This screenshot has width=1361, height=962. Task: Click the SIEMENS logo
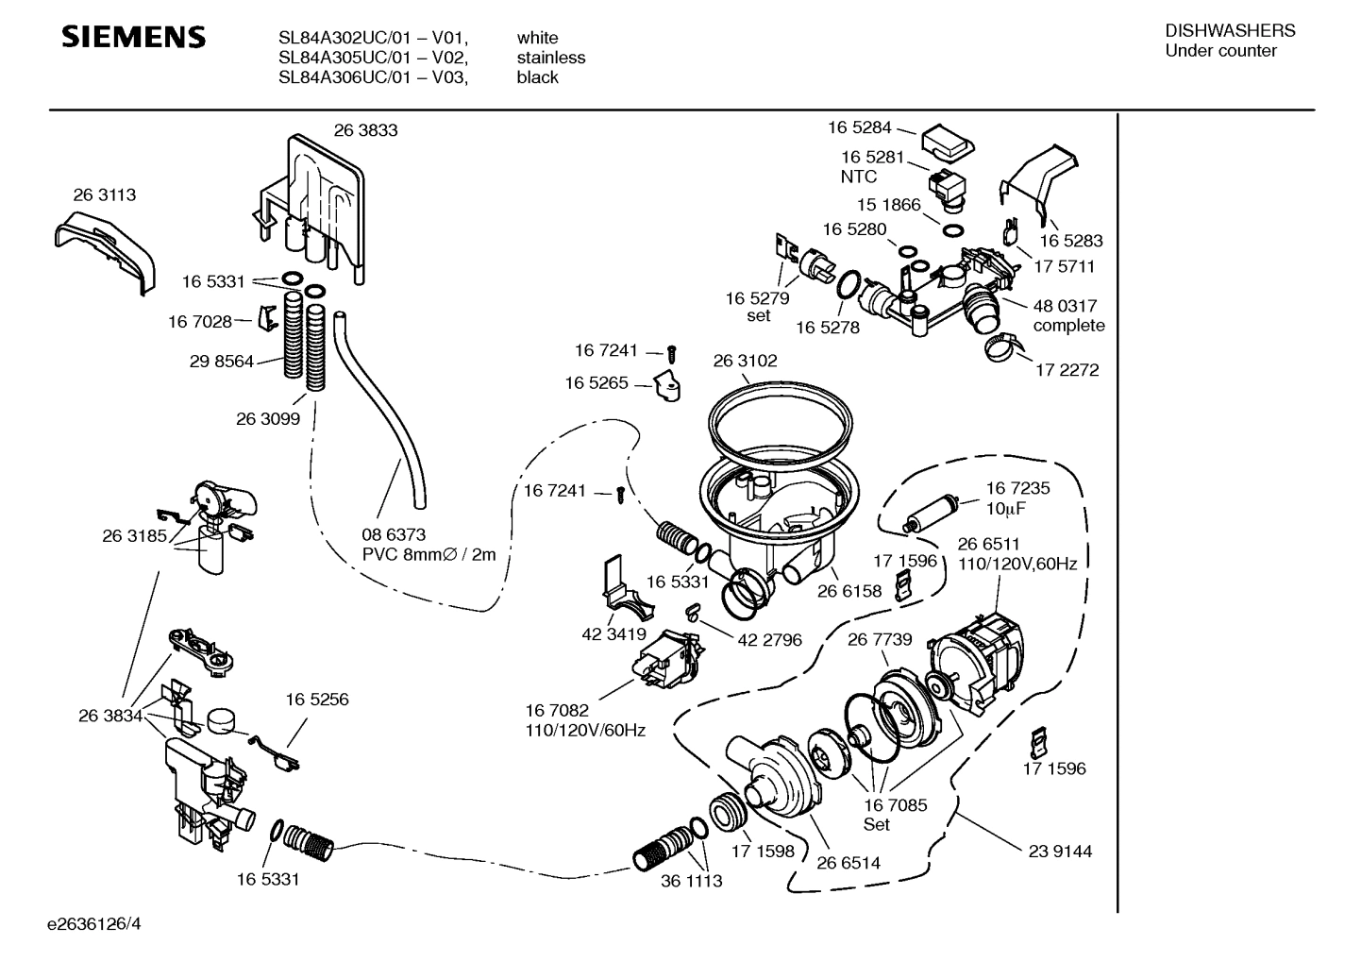(x=133, y=38)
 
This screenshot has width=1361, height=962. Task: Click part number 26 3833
(x=365, y=130)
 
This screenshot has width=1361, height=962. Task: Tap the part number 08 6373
(x=394, y=534)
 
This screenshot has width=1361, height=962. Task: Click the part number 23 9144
(x=1059, y=851)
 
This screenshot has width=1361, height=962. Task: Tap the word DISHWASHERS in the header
(x=1230, y=31)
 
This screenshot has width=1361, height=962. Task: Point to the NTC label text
(x=858, y=177)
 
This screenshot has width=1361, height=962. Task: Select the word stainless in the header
(x=550, y=58)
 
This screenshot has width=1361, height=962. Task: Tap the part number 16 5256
(x=316, y=700)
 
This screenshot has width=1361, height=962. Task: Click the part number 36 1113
(x=691, y=880)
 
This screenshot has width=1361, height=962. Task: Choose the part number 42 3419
(x=613, y=634)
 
